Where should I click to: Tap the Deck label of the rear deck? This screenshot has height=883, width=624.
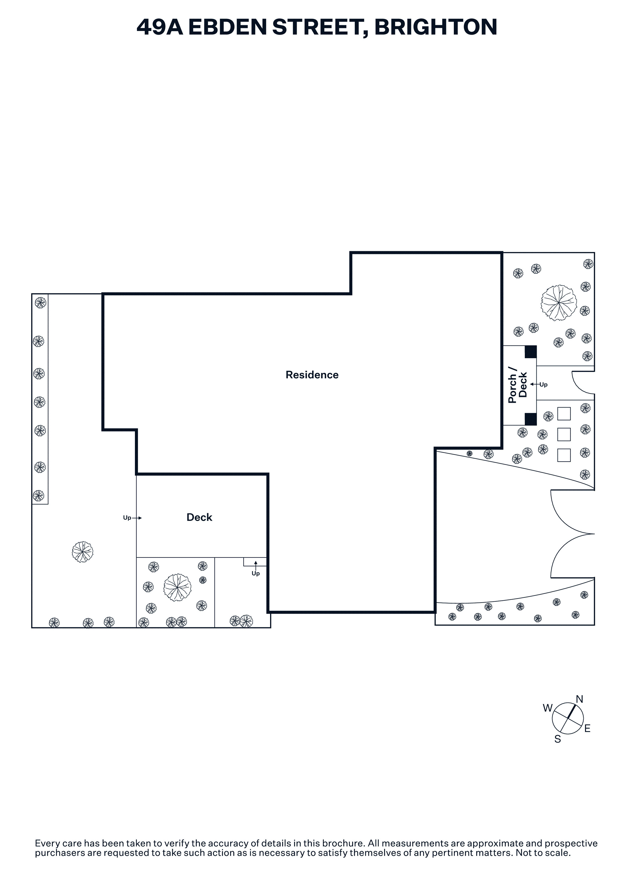[199, 517]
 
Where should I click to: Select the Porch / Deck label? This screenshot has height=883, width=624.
[518, 385]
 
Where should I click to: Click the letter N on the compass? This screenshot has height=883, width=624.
[579, 699]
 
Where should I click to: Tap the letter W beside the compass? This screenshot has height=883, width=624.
[547, 708]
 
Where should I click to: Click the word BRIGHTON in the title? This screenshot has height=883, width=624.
[436, 27]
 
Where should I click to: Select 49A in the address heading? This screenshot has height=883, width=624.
[160, 27]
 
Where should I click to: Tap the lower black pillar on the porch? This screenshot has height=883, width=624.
[531, 419]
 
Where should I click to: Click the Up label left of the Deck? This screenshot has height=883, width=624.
[127, 518]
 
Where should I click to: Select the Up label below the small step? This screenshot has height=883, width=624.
[256, 573]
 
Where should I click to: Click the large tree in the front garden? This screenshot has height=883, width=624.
[559, 303]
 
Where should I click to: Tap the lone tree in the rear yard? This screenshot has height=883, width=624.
[83, 552]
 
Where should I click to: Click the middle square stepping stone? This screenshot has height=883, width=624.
[564, 434]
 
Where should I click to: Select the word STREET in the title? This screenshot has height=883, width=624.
[318, 27]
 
